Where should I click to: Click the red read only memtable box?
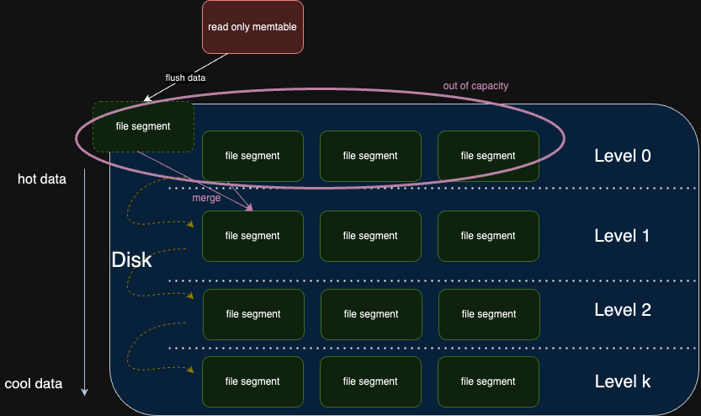point(252,27)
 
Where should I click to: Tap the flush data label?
point(185,77)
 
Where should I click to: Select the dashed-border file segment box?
point(143,126)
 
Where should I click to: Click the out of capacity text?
point(475,86)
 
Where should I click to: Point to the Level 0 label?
point(622,156)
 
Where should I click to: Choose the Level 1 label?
point(622,236)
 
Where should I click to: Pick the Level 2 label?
point(622,310)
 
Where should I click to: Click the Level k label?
point(622,381)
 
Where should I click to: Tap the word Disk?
point(132,260)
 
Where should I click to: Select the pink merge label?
point(206,198)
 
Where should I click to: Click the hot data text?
point(42,179)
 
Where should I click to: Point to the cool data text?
point(34,384)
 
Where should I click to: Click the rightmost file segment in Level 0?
point(488,156)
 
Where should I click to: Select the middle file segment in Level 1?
point(370,236)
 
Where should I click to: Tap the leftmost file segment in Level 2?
point(252,314)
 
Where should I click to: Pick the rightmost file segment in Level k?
point(488,381)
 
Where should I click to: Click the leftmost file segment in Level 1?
point(252,236)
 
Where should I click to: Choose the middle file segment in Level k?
point(370,381)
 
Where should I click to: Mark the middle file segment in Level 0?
point(370,156)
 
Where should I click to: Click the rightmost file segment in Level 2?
point(488,314)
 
